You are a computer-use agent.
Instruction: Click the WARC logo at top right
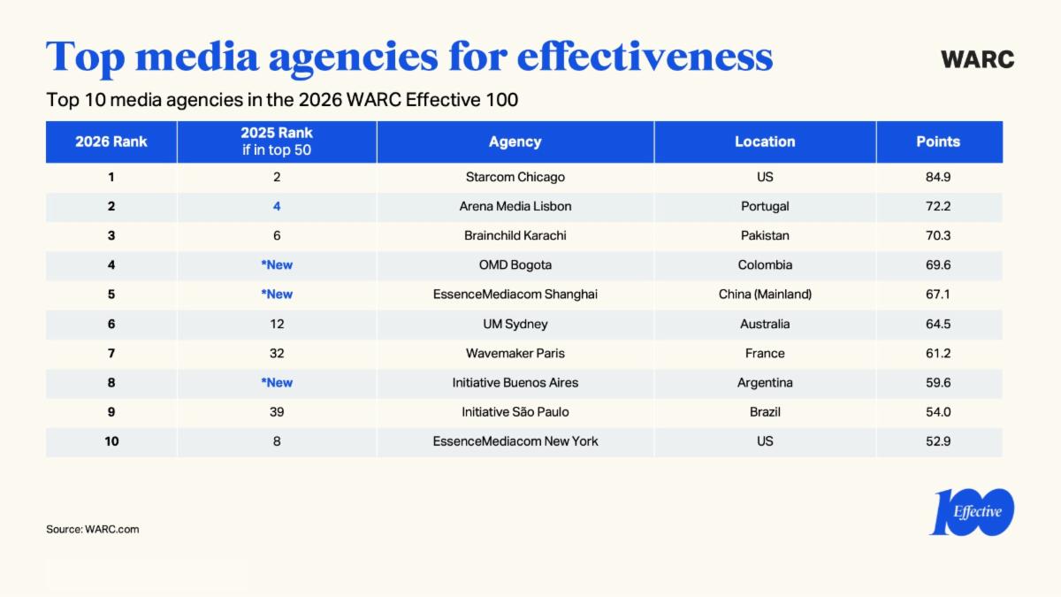977,59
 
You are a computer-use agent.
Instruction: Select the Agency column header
515,142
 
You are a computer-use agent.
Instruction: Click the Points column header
938,142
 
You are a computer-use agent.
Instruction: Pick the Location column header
765,142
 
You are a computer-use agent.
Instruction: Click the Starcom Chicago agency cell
515,177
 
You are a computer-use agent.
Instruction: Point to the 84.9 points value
938,177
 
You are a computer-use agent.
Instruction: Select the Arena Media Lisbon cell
515,206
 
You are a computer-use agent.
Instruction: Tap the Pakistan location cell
765,235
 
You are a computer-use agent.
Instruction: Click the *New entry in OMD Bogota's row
277,264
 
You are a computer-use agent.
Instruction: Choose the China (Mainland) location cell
765,294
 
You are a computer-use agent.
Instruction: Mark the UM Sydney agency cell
515,324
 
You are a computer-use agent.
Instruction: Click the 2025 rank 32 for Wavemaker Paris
277,353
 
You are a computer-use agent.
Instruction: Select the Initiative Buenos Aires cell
515,382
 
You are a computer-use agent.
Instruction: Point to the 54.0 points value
938,411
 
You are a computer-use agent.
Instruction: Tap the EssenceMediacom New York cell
515,440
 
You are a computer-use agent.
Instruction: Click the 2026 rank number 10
111,440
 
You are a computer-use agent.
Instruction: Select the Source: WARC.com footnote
93,529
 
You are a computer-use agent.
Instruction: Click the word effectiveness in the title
645,57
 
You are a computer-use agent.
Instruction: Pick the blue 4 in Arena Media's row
277,206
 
